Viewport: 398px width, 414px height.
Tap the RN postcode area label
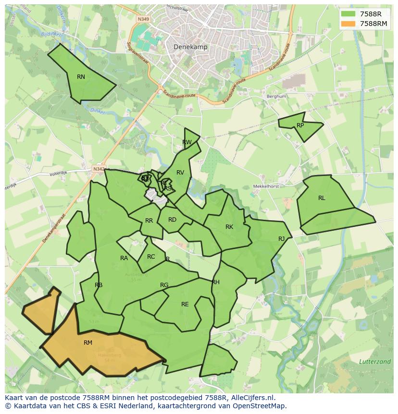[81, 77]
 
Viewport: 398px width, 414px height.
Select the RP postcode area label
[300, 125]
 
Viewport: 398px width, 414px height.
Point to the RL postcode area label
[322, 198]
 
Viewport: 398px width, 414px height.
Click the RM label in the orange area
[88, 343]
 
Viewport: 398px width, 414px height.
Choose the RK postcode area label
[229, 227]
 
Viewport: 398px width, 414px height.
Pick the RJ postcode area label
[282, 238]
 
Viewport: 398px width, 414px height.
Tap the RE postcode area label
[185, 304]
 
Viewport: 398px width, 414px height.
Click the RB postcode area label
[99, 285]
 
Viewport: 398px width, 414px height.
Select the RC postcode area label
[151, 257]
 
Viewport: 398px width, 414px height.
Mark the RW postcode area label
[187, 142]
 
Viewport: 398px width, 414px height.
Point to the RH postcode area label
[216, 282]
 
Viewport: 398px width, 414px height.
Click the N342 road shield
[99, 169]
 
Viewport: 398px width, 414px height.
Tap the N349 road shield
[143, 19]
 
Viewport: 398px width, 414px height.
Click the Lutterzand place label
[374, 362]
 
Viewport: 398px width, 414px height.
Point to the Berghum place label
[276, 96]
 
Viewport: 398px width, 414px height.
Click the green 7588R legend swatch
[348, 14]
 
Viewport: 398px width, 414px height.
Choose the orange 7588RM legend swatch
[348, 24]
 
